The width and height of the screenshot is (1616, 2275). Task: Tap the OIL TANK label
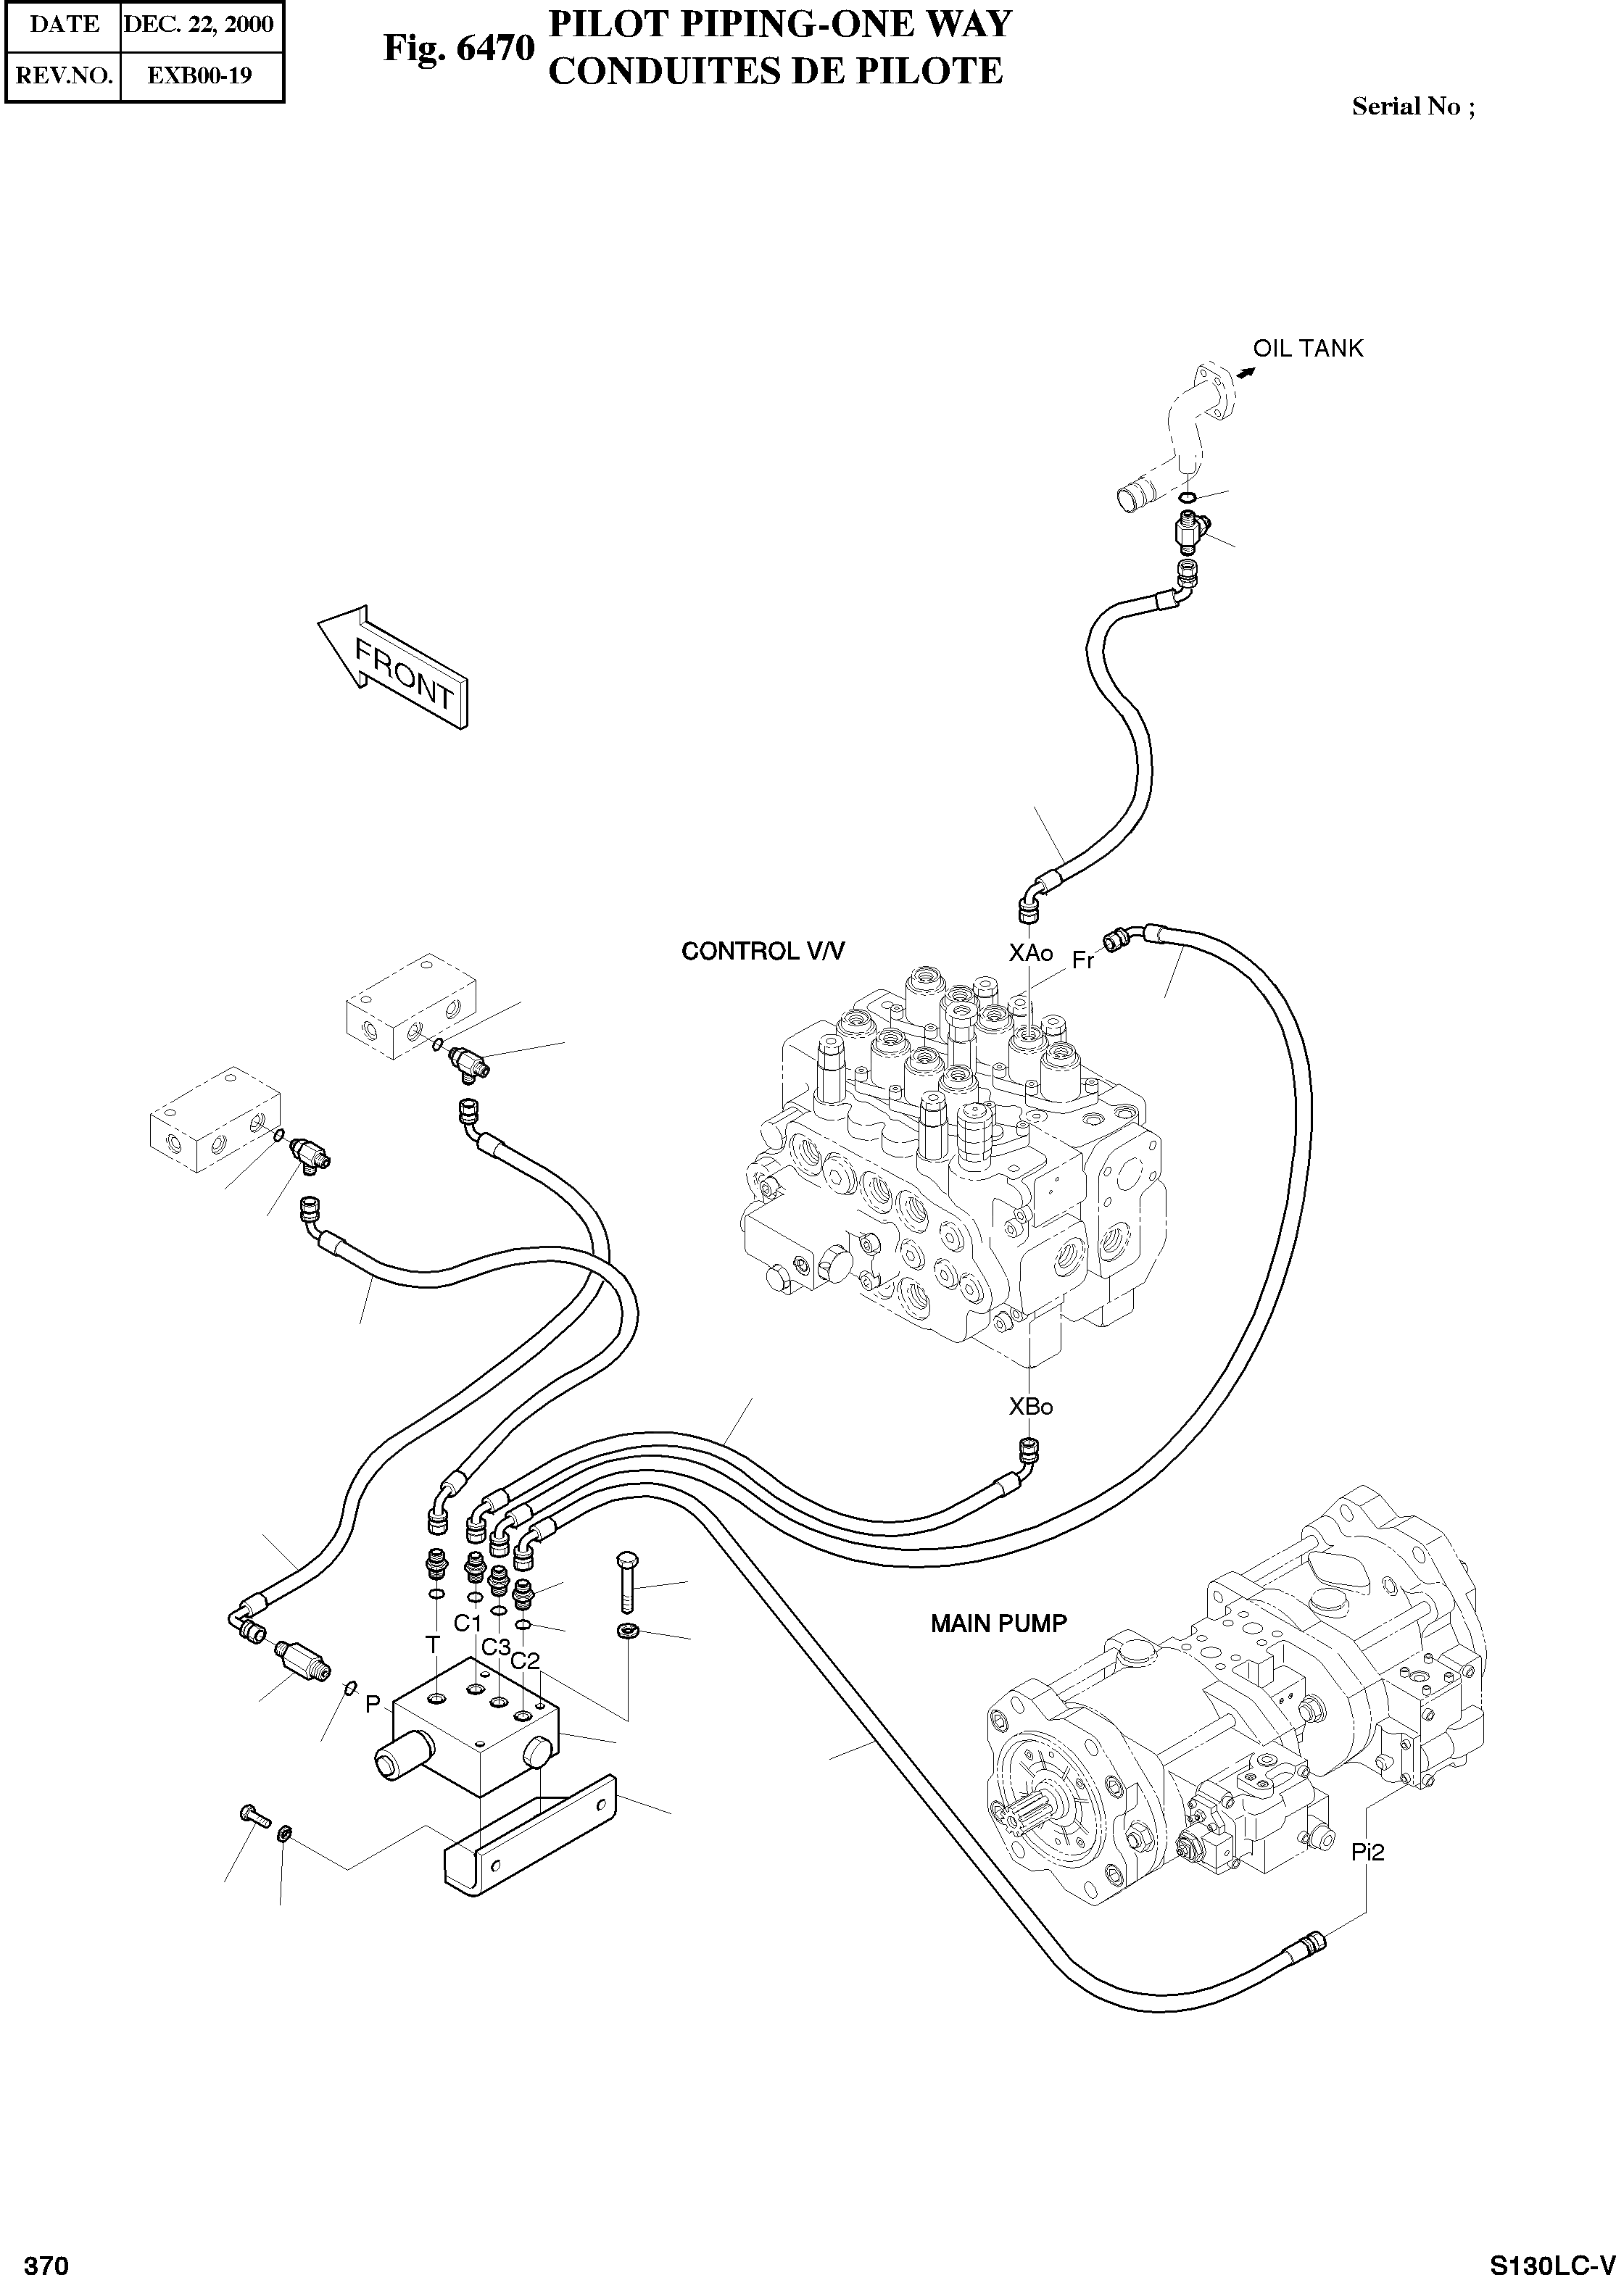point(1308,349)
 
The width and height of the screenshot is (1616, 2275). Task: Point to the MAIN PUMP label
point(998,1623)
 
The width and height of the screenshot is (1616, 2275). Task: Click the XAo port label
point(1030,953)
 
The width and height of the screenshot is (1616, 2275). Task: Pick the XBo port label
point(1030,1407)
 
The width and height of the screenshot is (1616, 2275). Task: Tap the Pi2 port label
point(1367,1852)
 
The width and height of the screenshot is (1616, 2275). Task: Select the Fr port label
point(1082,962)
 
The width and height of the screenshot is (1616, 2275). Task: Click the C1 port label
point(468,1623)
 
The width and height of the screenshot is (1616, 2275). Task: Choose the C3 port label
point(496,1647)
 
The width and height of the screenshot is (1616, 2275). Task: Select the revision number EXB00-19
point(199,75)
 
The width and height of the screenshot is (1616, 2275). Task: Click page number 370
point(46,2258)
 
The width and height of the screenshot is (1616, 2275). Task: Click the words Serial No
point(1406,107)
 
